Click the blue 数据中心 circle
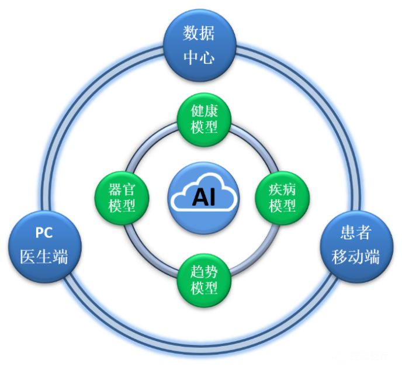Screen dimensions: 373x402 (199, 45)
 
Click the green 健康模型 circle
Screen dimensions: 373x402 (204, 119)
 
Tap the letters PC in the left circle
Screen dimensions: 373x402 (43, 233)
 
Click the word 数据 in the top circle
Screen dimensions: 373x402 (199, 33)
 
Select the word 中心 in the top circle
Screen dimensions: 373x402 (199, 58)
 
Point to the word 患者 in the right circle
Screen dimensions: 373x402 (355, 233)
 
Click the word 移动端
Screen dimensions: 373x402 (355, 257)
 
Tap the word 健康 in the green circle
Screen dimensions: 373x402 (205, 110)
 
